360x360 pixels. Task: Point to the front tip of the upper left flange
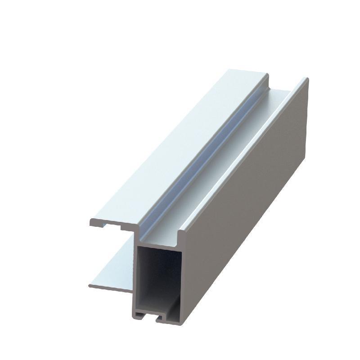[91, 222]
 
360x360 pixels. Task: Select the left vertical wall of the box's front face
[134, 274]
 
